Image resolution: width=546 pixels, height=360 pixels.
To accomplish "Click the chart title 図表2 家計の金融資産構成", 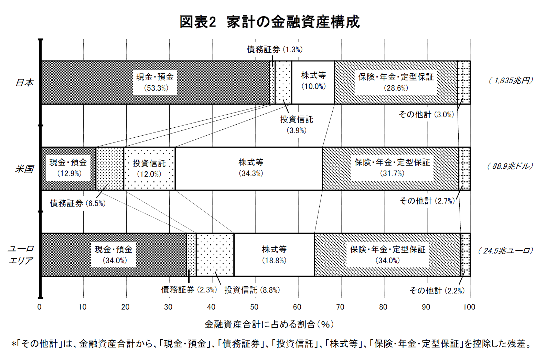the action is point(269,22).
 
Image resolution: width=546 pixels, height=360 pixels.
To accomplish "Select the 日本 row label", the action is point(24,83).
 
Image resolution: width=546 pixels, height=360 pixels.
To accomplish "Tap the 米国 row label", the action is point(24,169).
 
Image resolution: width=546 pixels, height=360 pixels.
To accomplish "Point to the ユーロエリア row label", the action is point(21,255).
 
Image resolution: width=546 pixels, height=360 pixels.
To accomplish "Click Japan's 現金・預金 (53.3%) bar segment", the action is point(155,83).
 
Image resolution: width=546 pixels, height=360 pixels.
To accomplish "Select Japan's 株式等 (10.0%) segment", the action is point(313,83).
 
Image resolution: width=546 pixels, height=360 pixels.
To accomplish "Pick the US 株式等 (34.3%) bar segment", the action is point(249,169).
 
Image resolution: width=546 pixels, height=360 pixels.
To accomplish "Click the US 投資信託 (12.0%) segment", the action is point(149,169).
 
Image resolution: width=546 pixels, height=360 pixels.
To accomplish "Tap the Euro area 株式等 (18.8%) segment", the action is point(274,255).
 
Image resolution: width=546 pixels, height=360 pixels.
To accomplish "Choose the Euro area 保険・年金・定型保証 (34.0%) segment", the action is point(387,255).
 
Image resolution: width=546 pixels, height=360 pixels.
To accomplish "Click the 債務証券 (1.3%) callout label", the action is point(275,50).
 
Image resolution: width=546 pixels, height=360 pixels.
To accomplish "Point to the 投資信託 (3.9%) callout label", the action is point(297,125).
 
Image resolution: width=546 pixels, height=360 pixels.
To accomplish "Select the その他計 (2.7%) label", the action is point(427,201).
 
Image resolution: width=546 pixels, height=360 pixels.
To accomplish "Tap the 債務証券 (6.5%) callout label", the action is point(78,203).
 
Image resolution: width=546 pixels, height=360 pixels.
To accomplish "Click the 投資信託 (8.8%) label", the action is point(252,290).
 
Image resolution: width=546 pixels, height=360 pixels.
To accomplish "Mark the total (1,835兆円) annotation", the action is point(511,80).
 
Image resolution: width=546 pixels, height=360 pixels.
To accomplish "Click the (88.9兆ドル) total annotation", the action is point(510,166).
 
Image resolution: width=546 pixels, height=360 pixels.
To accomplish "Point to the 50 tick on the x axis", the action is point(254,307).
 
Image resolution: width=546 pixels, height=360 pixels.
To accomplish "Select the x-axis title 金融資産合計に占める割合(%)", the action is point(269,325).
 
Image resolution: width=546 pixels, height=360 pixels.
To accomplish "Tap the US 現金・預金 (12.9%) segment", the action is point(68,169).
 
